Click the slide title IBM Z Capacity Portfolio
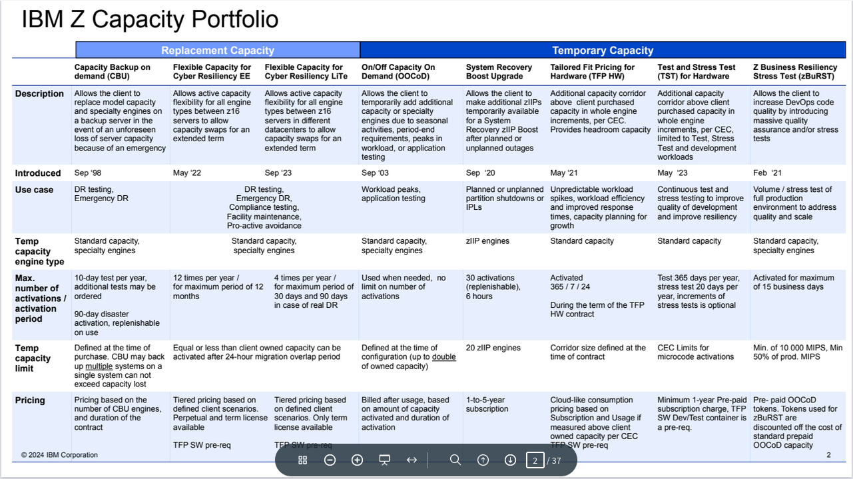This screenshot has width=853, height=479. pos(150,20)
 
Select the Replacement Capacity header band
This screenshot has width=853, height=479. pos(218,51)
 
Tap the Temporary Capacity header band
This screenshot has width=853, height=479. pos(603,51)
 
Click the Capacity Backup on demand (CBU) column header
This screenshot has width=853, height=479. pos(113,71)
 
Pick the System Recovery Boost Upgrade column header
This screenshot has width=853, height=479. pos(499,71)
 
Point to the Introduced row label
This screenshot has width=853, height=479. pos(38,173)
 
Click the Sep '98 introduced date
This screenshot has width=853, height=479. pos(89,173)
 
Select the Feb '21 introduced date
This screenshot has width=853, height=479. pos(767,173)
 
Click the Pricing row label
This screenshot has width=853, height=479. pos(30,400)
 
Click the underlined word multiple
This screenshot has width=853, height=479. pos(99,366)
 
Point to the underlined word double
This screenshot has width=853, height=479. pos(444,357)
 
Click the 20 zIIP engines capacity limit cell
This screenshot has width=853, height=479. pos(493,348)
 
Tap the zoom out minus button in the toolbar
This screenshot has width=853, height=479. pos(330,460)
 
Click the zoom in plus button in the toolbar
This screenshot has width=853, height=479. pos(357,460)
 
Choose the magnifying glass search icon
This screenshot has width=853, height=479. pos(455,460)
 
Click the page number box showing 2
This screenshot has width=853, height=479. pos(535,460)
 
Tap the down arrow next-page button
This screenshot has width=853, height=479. pos(510,460)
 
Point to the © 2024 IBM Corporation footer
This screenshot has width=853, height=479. pos(59,455)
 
